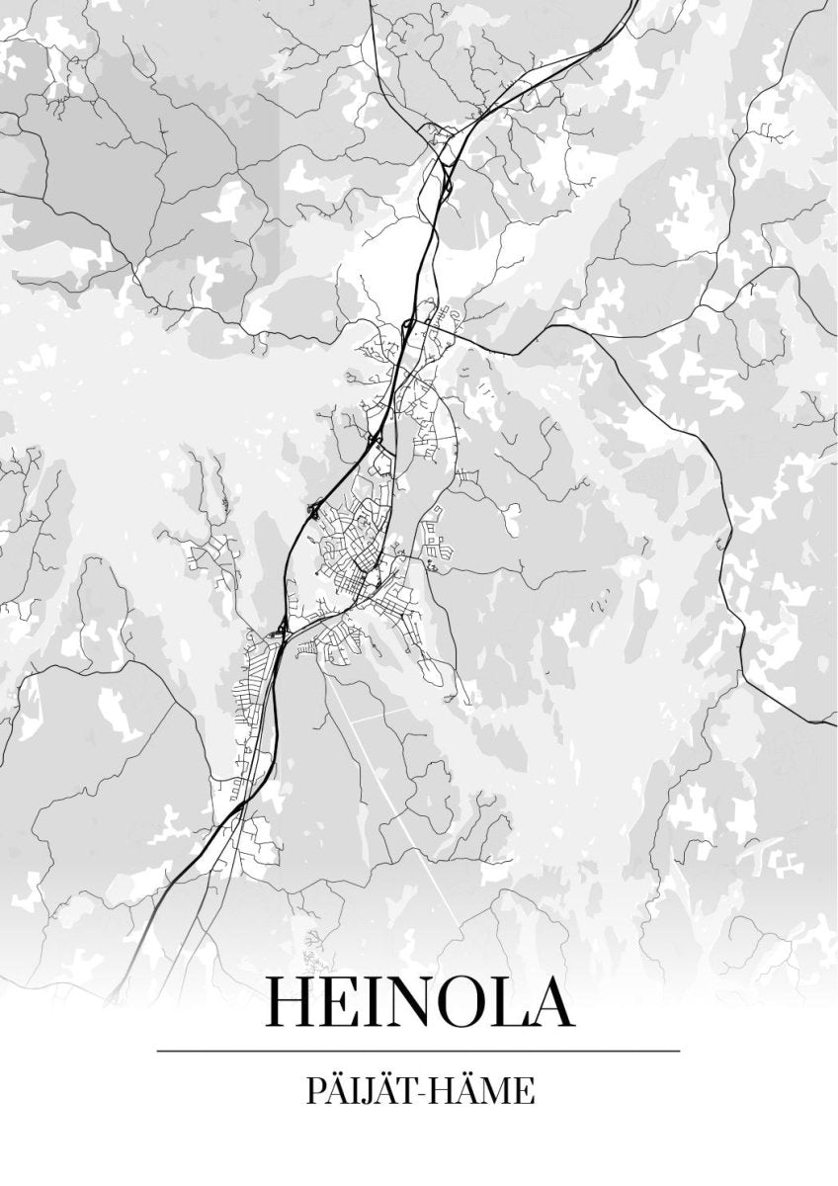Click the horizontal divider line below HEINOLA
point(418,1050)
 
